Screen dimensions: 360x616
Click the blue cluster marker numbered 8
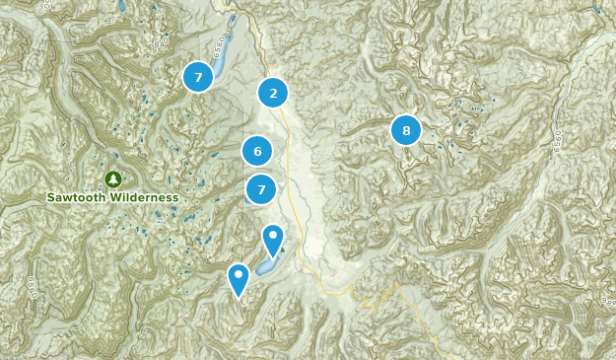pyautogui.click(x=405, y=129)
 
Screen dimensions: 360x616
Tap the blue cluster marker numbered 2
pyautogui.click(x=273, y=94)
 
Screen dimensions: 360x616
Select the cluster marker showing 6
pyautogui.click(x=257, y=151)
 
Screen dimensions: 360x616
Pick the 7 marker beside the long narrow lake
pyautogui.click(x=198, y=76)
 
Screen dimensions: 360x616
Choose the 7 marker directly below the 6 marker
pyautogui.click(x=261, y=188)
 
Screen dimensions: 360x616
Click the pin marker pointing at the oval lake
pyautogui.click(x=273, y=239)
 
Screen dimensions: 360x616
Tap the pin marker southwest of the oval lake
pyautogui.click(x=238, y=278)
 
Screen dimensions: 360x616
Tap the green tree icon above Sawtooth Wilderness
pyautogui.click(x=112, y=179)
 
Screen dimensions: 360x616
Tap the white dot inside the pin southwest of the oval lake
pyautogui.click(x=238, y=273)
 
